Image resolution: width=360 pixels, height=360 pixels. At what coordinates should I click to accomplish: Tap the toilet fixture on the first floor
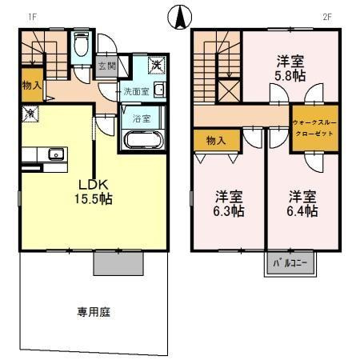coord(81,47)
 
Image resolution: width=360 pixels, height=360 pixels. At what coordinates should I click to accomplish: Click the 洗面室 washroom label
coord(134,91)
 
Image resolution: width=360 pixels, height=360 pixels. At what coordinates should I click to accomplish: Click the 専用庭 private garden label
coord(93,312)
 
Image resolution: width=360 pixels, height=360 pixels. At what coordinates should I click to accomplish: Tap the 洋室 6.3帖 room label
coord(229,204)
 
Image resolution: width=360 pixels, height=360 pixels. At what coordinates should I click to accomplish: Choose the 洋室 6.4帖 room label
coord(302,204)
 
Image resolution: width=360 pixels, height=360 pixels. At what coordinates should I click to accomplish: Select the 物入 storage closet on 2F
coord(214,141)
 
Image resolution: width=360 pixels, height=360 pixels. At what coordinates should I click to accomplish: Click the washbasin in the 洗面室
coord(158,89)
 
